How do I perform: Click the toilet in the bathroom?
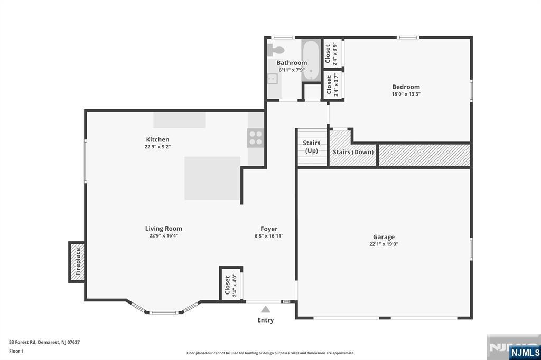[x=276, y=50]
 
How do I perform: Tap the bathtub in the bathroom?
[x=311, y=60]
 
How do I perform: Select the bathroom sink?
[x=273, y=79]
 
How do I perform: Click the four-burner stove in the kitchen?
[x=255, y=138]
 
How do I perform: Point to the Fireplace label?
[x=77, y=262]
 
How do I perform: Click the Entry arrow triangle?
[x=265, y=310]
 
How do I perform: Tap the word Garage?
[x=384, y=237]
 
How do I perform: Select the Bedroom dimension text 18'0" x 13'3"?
[x=406, y=94]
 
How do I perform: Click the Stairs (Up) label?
[x=312, y=147]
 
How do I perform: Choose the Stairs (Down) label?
[x=353, y=152]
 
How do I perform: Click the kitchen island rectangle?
[x=212, y=178]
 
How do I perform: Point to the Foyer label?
[x=269, y=229]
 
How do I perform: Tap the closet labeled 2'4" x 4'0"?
[x=231, y=285]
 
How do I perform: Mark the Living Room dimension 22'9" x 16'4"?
[x=163, y=236]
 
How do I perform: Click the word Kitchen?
[x=157, y=139]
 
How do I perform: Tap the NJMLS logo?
[x=525, y=352]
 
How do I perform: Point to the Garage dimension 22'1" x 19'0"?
[x=384, y=244]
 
